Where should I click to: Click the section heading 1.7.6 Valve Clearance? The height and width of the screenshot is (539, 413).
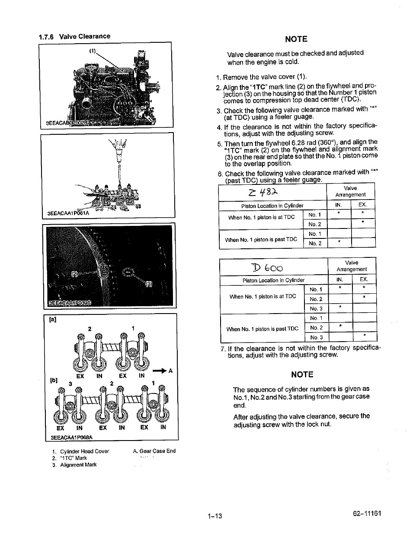pyautogui.click(x=74, y=36)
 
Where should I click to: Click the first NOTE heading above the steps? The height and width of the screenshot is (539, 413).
pyautogui.click(x=296, y=39)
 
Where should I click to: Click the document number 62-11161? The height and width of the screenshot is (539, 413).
pyautogui.click(x=367, y=514)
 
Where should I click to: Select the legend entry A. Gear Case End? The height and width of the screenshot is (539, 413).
pyautogui.click(x=154, y=451)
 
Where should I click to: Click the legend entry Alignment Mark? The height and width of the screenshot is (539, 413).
pyautogui.click(x=78, y=465)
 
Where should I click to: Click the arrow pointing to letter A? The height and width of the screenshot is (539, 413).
pyautogui.click(x=160, y=371)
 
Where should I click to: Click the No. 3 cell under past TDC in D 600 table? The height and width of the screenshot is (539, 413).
pyautogui.click(x=316, y=337)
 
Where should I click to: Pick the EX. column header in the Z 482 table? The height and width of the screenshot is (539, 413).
pyautogui.click(x=362, y=205)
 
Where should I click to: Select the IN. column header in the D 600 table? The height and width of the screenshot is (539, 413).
pyautogui.click(x=340, y=280)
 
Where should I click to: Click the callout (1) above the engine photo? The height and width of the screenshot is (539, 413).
pyautogui.click(x=93, y=51)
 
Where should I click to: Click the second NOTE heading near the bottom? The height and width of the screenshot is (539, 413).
pyautogui.click(x=302, y=374)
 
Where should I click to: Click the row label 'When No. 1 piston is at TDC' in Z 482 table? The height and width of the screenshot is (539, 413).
pyautogui.click(x=261, y=217)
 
